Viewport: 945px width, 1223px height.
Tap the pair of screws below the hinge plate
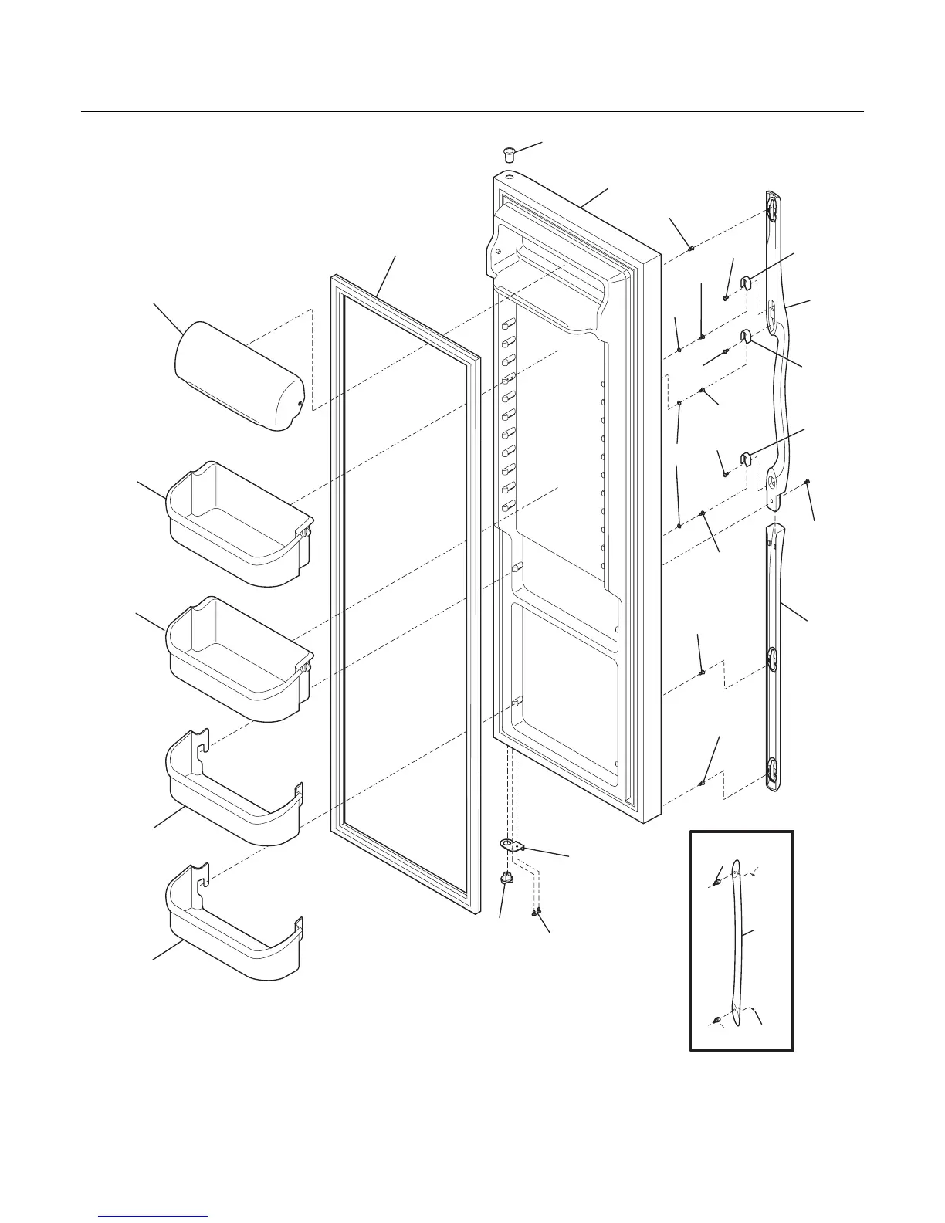(536, 913)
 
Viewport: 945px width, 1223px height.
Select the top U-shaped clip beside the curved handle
(747, 281)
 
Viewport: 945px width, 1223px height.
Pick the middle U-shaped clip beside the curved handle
(747, 335)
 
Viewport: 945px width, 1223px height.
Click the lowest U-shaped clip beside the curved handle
(747, 459)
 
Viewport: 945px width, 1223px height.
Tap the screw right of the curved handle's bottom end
(806, 481)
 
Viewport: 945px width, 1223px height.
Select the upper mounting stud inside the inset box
(717, 879)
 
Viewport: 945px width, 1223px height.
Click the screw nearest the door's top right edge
(691, 249)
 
